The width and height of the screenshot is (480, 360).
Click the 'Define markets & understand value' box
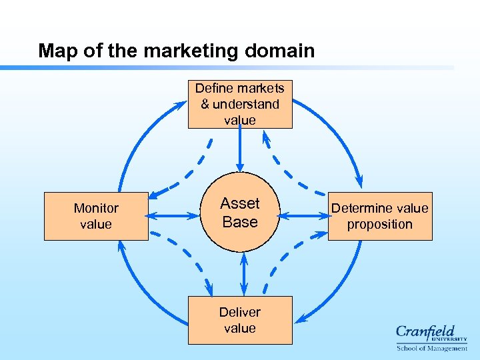coord(240,104)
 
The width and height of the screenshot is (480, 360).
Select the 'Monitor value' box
coord(96,216)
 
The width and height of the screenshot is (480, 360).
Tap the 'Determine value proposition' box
coord(380,216)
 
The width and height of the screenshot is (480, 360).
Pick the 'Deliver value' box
coord(240,320)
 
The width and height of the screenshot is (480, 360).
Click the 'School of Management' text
coord(431,348)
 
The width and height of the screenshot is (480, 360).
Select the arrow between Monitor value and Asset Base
coord(175,215)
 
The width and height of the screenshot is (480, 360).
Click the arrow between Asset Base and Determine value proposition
coord(303,215)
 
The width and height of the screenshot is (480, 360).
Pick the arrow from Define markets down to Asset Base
coord(240,150)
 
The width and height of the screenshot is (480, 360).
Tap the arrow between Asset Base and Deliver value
coord(243,273)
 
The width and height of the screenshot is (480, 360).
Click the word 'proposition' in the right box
coord(380,225)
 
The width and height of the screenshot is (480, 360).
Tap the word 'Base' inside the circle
coord(240,222)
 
